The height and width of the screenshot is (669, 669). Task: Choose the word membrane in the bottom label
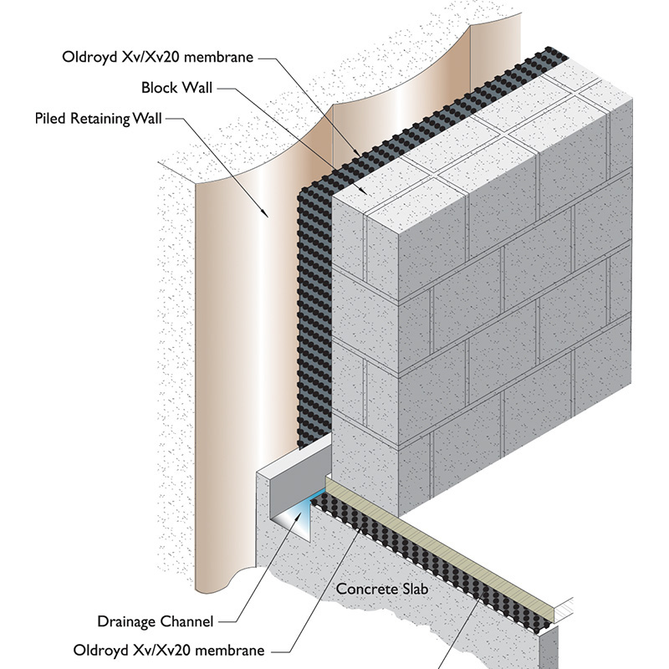pyautogui.click(x=232, y=650)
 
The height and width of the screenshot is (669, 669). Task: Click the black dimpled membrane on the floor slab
pyautogui.click(x=418, y=552)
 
